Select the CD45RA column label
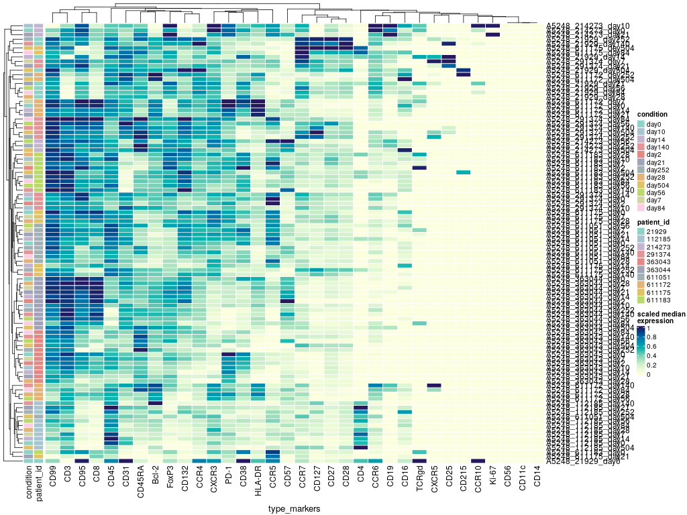point(141,483)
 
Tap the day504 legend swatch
point(641,184)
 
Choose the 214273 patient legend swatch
point(641,246)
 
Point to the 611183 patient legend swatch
point(641,301)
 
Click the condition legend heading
point(652,114)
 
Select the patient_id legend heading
point(653,221)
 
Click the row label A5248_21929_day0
point(582,461)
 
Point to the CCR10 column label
point(479,481)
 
